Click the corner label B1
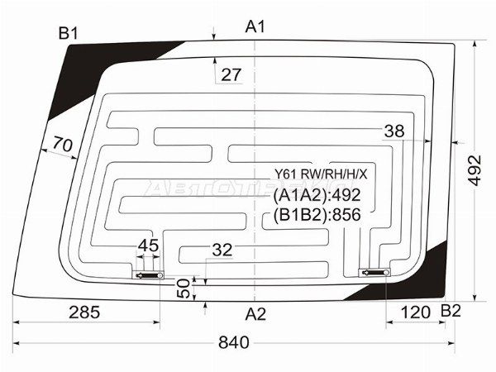69,33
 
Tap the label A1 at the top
255,26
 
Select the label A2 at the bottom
255,314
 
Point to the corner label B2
451,312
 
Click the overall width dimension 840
234,342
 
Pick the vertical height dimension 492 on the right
475,171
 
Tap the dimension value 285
84,312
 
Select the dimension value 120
415,312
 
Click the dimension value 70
63,144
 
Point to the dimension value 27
231,75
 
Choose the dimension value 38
394,131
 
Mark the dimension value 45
148,246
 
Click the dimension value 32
222,250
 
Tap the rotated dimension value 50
184,289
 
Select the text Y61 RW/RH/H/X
321,174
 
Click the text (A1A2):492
317,195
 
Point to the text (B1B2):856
317,215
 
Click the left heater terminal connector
148,275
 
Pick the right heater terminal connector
374,272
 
